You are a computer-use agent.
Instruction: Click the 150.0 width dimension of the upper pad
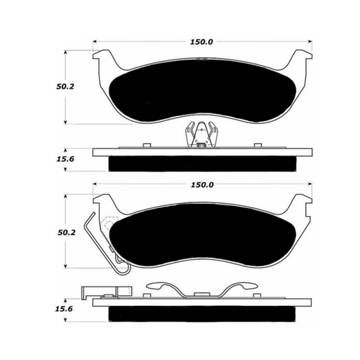point(202,42)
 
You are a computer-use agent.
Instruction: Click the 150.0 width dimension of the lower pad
point(202,185)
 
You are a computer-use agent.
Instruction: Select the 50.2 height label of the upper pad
point(66,86)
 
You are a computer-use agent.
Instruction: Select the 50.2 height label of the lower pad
point(66,233)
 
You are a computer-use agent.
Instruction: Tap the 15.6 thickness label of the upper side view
point(66,159)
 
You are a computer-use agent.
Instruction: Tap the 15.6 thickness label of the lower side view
point(64,309)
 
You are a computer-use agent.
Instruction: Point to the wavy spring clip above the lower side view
point(202,289)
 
